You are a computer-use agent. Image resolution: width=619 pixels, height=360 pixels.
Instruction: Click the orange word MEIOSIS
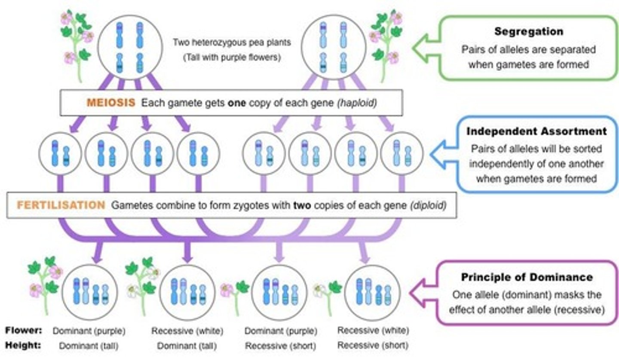[x=111, y=103]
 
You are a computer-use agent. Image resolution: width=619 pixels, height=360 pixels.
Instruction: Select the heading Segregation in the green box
[x=528, y=32]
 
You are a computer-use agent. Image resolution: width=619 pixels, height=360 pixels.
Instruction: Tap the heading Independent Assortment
[x=536, y=131]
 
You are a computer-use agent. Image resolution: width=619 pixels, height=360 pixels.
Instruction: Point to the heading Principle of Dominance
[x=527, y=277]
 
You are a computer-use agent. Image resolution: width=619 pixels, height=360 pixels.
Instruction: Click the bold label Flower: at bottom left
[x=24, y=330]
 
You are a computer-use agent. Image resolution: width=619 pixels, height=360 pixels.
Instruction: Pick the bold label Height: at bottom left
[x=24, y=345]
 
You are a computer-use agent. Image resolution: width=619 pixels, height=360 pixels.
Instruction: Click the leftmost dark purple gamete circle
[x=60, y=153]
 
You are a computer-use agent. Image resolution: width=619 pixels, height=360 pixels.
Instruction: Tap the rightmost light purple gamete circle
[x=401, y=153]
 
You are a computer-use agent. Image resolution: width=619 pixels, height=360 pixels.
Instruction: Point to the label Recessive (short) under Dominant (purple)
[x=280, y=345]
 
